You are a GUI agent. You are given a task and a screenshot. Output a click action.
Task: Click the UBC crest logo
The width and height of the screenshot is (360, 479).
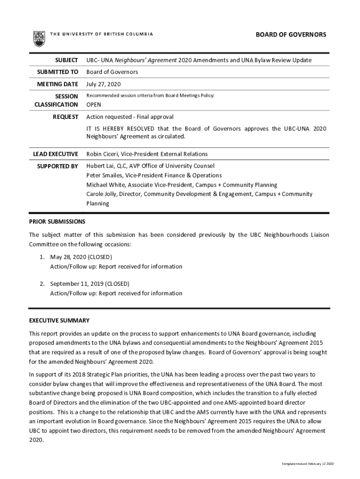click(x=39, y=38)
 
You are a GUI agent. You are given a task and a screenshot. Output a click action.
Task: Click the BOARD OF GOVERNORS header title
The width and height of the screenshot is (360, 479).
click(x=290, y=35)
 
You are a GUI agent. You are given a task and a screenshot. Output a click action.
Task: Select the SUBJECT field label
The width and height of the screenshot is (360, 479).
click(x=66, y=60)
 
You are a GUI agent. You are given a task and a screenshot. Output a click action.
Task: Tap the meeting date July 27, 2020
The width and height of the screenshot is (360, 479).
click(x=103, y=84)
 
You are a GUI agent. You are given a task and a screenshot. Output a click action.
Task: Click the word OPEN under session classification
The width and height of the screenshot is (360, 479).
click(x=94, y=105)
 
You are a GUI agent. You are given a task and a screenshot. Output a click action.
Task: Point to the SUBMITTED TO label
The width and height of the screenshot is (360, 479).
click(x=58, y=72)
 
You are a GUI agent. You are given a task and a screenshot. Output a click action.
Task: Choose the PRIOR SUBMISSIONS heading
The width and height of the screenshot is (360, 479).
click(x=57, y=221)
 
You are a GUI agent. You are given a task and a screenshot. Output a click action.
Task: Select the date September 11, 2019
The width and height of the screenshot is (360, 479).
click(x=76, y=284)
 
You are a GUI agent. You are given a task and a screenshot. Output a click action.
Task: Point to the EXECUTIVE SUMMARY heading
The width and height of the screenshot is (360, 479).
click(x=59, y=320)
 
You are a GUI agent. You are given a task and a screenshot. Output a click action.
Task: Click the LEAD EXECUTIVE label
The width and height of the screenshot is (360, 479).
click(x=55, y=154)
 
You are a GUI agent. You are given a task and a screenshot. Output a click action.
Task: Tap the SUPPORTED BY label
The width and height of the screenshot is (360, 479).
click(x=58, y=166)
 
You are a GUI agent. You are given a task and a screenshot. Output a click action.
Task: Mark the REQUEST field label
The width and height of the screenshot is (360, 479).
click(x=65, y=116)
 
